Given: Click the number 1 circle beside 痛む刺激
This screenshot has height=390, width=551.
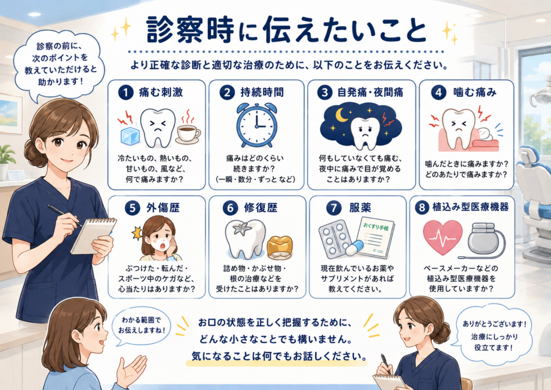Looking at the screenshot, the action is tap(126, 93).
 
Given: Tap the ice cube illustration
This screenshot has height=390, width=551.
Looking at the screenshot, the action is tap(130, 135).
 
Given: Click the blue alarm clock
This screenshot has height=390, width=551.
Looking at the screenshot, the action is tap(257, 125).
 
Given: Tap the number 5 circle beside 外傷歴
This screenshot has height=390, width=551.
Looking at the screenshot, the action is tap(132, 208).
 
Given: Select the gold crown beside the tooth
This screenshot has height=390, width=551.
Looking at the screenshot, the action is tap(280, 247).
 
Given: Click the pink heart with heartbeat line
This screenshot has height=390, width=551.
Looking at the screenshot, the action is tap(442, 237).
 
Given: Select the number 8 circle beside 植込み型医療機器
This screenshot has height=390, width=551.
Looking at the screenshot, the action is tap(422, 207).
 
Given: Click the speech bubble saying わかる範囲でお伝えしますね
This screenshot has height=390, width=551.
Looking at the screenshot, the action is tap(142, 325).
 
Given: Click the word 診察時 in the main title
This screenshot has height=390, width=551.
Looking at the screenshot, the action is tap(190, 31).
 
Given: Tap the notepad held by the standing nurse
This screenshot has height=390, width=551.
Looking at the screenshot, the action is tap(93, 236).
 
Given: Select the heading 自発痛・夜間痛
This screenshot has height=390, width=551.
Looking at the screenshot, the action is tap(370, 93).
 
